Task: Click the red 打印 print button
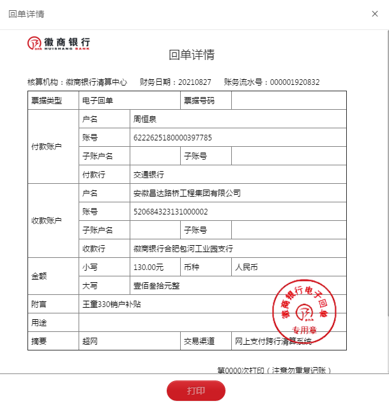tap(196, 390)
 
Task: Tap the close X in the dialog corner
tap(375, 14)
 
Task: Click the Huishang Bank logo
tap(59, 43)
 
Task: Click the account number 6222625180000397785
tap(172, 138)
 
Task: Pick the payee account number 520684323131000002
tap(171, 212)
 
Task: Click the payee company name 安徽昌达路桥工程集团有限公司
tap(187, 193)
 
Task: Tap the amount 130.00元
tap(148, 267)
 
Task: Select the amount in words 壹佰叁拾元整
tap(156, 286)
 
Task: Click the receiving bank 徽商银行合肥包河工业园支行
tap(183, 249)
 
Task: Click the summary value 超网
tap(89, 342)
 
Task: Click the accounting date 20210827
tap(194, 82)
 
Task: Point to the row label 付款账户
tap(47, 147)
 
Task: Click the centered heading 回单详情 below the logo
tap(192, 55)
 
